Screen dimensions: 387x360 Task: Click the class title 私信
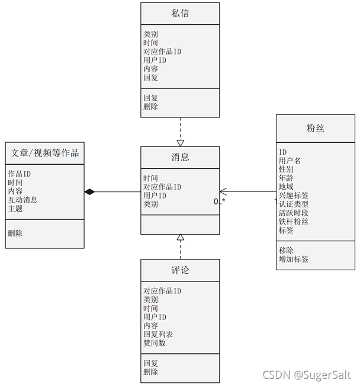pyautogui.click(x=180, y=13)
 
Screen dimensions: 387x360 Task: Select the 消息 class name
pyautogui.click(x=180, y=157)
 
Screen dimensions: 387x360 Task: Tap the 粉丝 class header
pyautogui.click(x=316, y=128)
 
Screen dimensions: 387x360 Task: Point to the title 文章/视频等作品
pyautogui.click(x=45, y=153)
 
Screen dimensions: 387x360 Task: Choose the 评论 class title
pyautogui.click(x=180, y=270)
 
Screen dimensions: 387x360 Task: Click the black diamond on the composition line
pyautogui.click(x=89, y=191)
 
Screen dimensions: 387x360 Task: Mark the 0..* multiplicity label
pyautogui.click(x=220, y=202)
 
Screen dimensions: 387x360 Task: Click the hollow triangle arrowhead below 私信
pyautogui.click(x=181, y=142)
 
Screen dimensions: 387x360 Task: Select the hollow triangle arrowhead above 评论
pyautogui.click(x=181, y=237)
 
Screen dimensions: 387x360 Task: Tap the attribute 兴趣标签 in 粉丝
pyautogui.click(x=294, y=195)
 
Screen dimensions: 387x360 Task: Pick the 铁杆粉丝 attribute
pyautogui.click(x=294, y=221)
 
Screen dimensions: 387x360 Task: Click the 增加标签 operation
pyautogui.click(x=294, y=259)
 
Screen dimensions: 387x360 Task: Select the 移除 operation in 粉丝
pyautogui.click(x=286, y=250)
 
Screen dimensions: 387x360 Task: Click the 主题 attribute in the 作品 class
pyautogui.click(x=15, y=209)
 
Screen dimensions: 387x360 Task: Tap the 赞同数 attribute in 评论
pyautogui.click(x=155, y=343)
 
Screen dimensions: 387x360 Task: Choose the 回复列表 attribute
pyautogui.click(x=158, y=334)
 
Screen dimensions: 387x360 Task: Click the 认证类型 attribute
pyautogui.click(x=294, y=204)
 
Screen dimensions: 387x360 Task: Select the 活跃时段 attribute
pyautogui.click(x=294, y=213)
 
